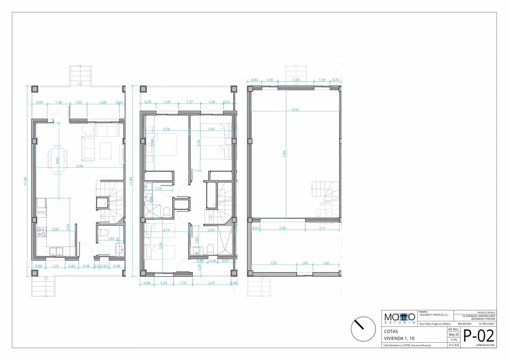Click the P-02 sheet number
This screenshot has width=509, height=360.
[x=479, y=336]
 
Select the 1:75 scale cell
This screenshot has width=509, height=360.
[x=454, y=340]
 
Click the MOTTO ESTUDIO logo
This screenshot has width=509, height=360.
[x=400, y=318]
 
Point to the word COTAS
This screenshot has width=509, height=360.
[x=391, y=331]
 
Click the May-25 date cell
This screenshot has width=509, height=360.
[x=454, y=335]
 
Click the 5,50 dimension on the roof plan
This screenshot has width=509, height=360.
[x=295, y=109]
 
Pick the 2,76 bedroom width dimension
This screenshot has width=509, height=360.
[x=166, y=129]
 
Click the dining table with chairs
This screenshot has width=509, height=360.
[x=58, y=160]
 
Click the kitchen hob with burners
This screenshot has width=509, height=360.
[x=41, y=232]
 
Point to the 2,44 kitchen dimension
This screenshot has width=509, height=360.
[x=55, y=229]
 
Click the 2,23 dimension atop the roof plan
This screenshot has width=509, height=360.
[x=296, y=80]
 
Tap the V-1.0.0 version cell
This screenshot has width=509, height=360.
[x=454, y=345]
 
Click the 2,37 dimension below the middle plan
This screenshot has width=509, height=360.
[x=211, y=283]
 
